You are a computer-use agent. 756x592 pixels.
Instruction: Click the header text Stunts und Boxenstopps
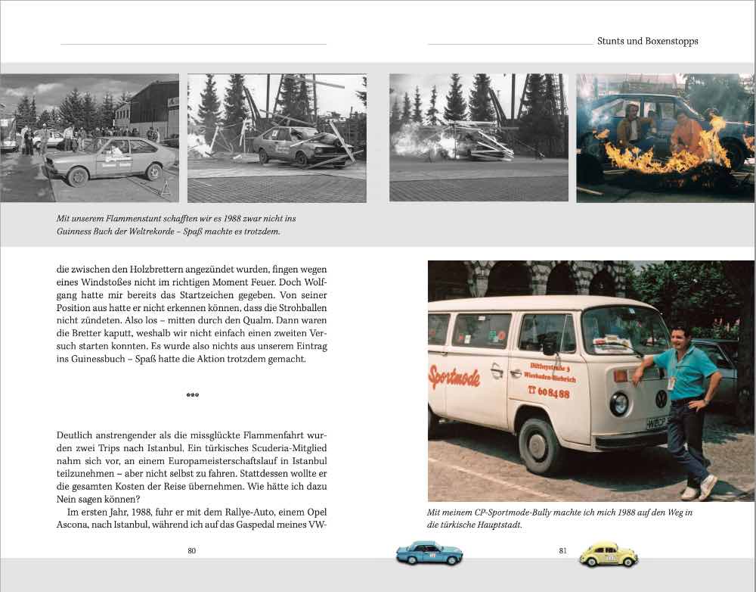(647, 42)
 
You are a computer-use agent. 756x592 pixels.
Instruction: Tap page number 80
(192, 550)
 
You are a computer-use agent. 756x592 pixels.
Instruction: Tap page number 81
(562, 550)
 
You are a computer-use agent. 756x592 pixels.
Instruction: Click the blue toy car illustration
(429, 553)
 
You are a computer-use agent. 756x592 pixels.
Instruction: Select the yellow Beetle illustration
(608, 555)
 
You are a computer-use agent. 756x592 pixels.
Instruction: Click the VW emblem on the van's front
(661, 398)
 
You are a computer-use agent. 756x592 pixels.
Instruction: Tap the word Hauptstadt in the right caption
(496, 524)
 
